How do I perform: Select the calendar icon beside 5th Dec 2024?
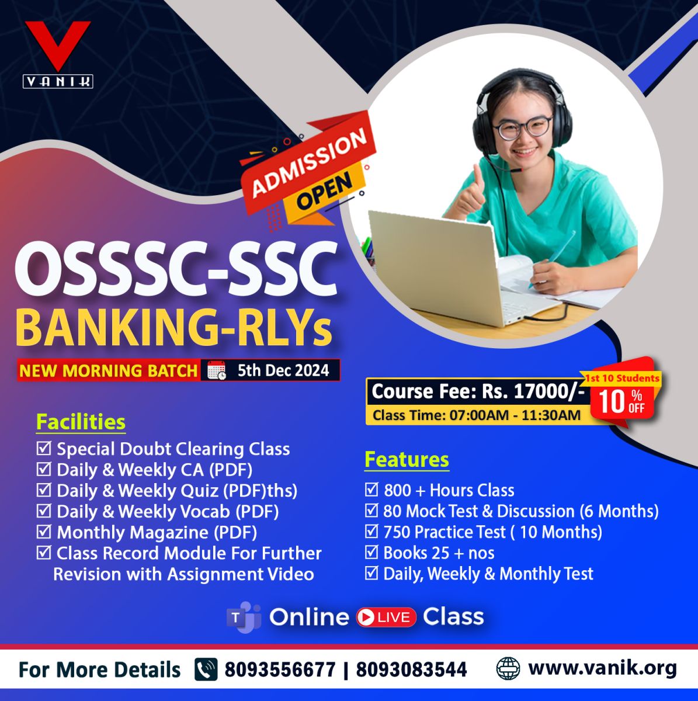(217, 371)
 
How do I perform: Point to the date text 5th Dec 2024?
(283, 370)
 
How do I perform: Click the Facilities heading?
(81, 422)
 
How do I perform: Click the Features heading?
(407, 459)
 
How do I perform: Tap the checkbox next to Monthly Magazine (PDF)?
(44, 532)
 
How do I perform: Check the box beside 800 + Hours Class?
(371, 490)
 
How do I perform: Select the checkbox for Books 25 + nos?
(371, 552)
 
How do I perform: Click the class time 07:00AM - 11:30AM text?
(515, 415)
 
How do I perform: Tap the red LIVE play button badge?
(386, 617)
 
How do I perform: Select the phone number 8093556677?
(280, 669)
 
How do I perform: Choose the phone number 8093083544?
(411, 669)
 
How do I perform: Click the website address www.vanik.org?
(602, 667)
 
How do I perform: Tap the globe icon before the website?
(508, 668)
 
